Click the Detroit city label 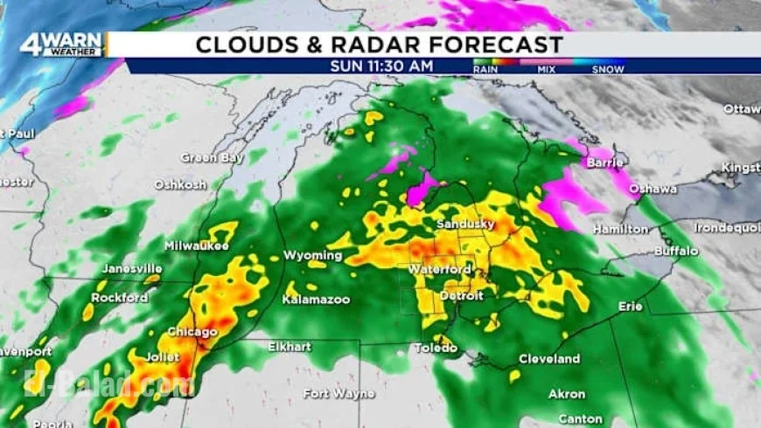461,296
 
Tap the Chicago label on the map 192,332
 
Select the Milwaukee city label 197,245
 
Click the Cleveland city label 549,359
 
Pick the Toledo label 436,348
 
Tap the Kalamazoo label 316,300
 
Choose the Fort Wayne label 339,394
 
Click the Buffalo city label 677,251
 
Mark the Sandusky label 465,224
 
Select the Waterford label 440,269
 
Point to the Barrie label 605,162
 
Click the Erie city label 630,307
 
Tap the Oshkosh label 180,185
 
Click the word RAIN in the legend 485,69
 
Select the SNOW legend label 608,69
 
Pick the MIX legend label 548,69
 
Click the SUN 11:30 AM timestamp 381,66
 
